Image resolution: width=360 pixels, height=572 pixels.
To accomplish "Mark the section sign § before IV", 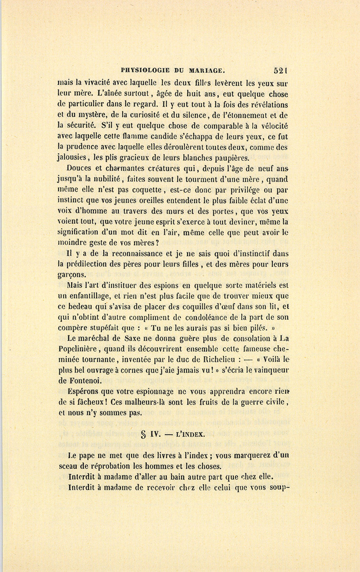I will tap(143, 434).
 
